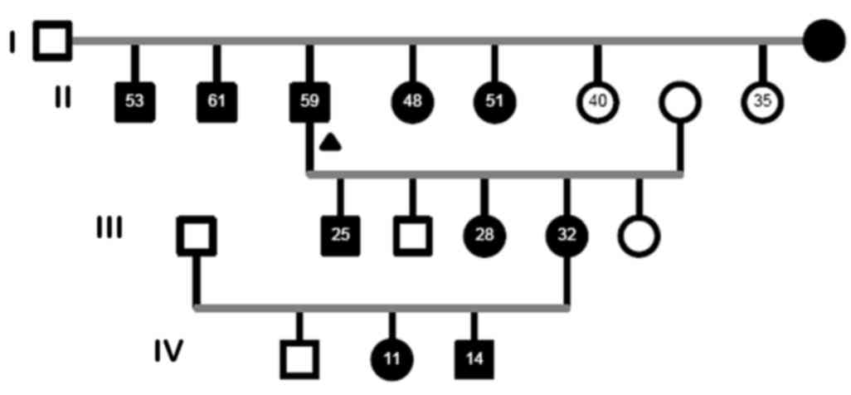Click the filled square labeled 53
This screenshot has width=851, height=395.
pos(135,101)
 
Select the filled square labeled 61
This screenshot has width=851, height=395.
pos(217,101)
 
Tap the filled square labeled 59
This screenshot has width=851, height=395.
pos(309,101)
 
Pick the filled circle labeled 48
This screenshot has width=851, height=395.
pos(412,101)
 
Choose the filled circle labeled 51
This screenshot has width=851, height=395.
pos(494,101)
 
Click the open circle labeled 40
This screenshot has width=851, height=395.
pos(597,101)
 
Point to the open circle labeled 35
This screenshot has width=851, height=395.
pos(763,101)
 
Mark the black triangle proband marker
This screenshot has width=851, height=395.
pos(331,143)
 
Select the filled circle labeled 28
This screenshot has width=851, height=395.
pos(484,236)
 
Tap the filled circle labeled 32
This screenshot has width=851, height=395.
pos(567,236)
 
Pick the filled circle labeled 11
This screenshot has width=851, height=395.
pos(392,359)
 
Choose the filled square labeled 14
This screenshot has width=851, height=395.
pos(474,359)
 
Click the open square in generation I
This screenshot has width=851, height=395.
pos(52,40)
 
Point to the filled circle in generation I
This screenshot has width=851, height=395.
pos(824,40)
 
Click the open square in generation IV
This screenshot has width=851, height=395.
pos(299,359)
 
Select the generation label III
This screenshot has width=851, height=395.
pos(109,226)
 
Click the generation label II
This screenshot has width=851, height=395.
pos(62,98)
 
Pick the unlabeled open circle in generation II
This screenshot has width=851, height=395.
pos(680,101)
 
